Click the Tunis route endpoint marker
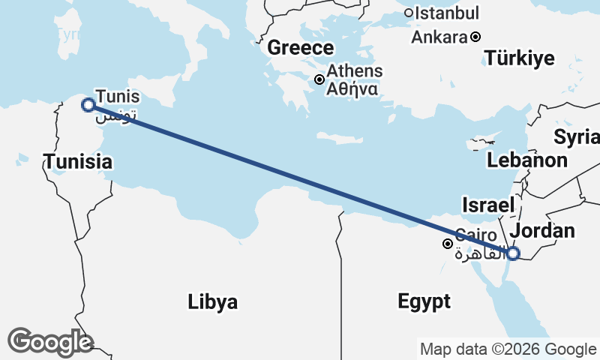coord(88,105)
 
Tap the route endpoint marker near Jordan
coord(513,253)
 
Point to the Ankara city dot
coord(475,36)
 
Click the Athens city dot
coord(319,79)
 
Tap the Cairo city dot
coord(448,244)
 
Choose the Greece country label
coord(301,48)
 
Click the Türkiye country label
coord(519,58)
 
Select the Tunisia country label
coord(78,161)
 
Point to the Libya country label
coord(213,302)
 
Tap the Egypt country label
coord(424,301)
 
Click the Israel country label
coord(488,205)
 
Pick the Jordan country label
coord(541,230)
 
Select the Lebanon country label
coord(526,160)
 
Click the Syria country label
coord(577,136)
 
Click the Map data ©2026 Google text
coord(508,349)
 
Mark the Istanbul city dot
coord(409,13)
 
